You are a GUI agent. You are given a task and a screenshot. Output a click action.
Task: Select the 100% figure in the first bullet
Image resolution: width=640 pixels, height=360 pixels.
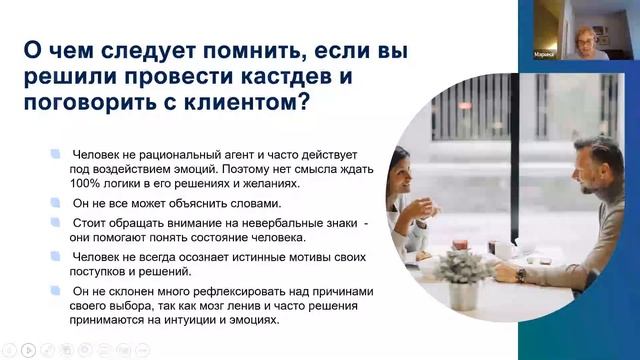91,183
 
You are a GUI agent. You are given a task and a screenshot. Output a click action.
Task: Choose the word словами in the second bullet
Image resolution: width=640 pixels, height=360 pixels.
213,202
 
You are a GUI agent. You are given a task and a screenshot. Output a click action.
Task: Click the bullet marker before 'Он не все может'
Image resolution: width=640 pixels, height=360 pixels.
55,202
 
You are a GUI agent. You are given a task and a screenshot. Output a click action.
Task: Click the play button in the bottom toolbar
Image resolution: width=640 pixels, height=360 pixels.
29,350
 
